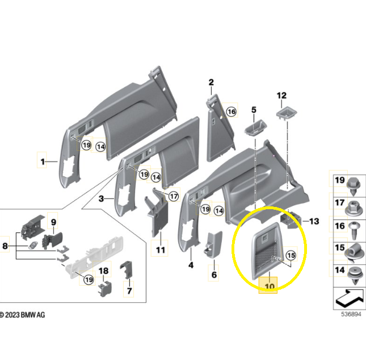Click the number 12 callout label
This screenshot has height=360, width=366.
click(x=281, y=95)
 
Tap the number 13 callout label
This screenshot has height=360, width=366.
click(x=314, y=221)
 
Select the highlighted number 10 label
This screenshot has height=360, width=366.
click(x=269, y=286)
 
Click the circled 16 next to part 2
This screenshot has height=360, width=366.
click(x=232, y=112)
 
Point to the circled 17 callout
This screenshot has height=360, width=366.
click(x=174, y=196)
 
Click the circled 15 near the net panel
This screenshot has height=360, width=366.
click(x=291, y=255)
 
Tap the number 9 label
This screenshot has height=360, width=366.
click(x=53, y=222)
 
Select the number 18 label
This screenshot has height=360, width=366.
click(x=103, y=270)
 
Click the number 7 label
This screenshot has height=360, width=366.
click(x=129, y=290)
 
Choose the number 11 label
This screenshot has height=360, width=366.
click(x=161, y=250)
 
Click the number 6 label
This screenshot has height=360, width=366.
click(x=214, y=274)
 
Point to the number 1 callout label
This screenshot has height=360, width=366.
click(x=43, y=162)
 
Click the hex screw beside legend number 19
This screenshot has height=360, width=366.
click(x=354, y=186)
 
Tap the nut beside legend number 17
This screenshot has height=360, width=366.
click(x=354, y=209)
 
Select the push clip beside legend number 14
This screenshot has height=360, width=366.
click(x=355, y=276)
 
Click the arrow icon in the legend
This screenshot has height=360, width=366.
click(x=350, y=299)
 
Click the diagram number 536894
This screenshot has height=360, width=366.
click(x=351, y=314)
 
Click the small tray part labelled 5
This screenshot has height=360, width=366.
click(x=255, y=128)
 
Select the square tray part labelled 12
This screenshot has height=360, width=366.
click(x=287, y=113)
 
